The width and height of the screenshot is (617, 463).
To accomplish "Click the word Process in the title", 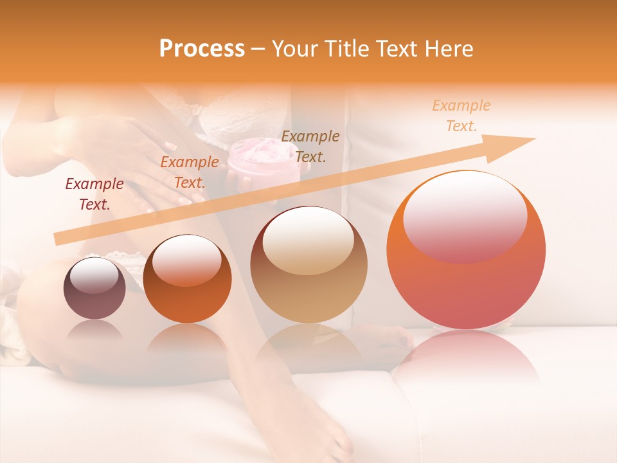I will pos(202,49).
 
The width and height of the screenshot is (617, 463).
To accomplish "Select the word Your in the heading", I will pos(295,49).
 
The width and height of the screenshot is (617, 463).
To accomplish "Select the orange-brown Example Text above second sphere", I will pos(189,172).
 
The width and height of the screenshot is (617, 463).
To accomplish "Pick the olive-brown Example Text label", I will pos(310,146).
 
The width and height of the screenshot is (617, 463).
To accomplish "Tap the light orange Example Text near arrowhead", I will pos(461,116).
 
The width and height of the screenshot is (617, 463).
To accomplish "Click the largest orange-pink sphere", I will pos(466,283).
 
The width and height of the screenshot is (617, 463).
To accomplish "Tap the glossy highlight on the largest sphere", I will pos(465,215).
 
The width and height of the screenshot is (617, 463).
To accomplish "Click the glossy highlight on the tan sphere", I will pos(308,241).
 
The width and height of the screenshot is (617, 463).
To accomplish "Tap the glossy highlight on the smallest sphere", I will pos(94,275).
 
